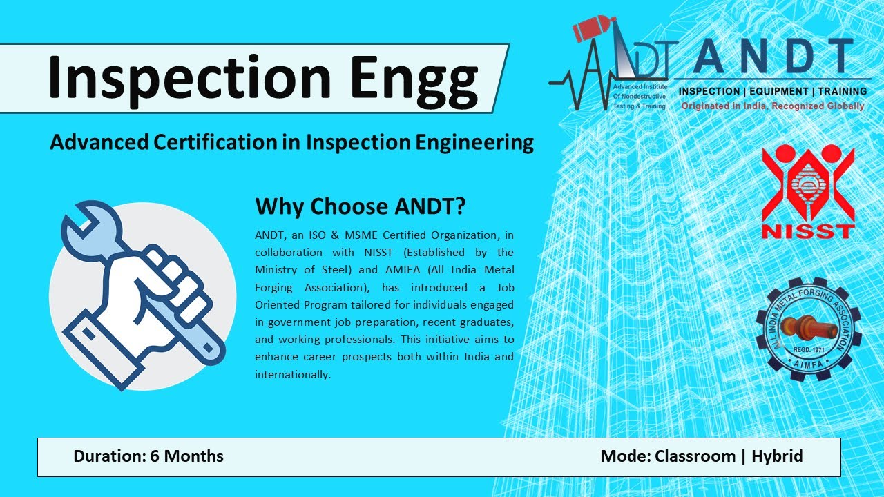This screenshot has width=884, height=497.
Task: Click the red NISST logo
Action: [x=807, y=193]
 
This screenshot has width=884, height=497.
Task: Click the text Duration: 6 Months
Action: [x=148, y=456]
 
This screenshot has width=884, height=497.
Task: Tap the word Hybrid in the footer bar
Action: [x=777, y=456]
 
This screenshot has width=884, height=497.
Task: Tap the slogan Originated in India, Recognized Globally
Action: [x=772, y=106]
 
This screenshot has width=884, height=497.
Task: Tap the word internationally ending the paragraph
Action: [x=293, y=374]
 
